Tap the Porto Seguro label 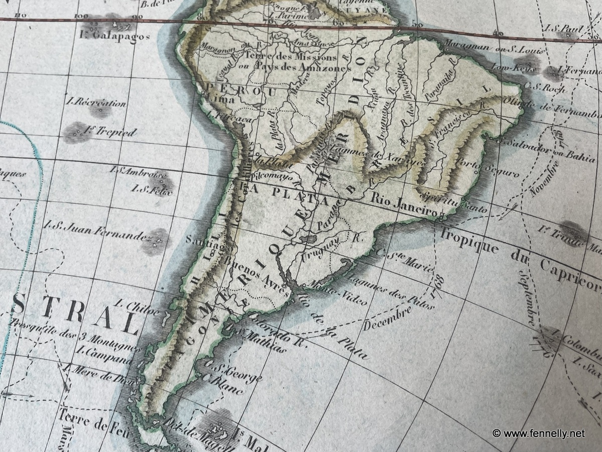tap(487, 169)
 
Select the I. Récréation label tap(96, 102)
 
